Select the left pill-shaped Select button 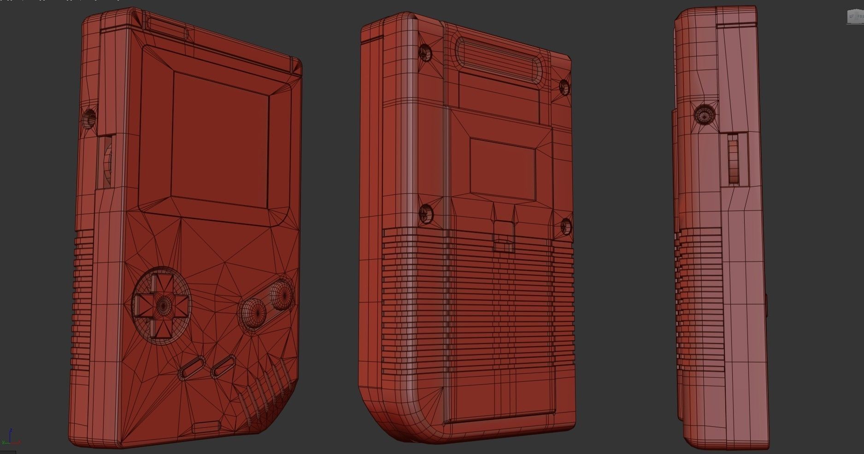(192, 367)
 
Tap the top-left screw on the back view (426, 53)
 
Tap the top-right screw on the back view (564, 86)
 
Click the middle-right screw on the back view (565, 226)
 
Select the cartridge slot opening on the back (498, 59)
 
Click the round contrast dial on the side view (705, 116)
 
